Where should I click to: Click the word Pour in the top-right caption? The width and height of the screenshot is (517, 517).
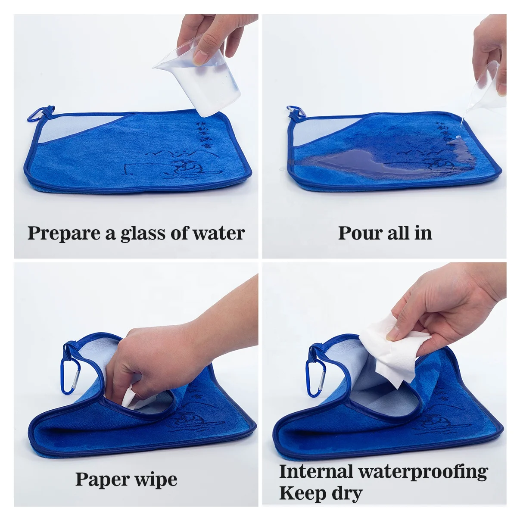point(356,233)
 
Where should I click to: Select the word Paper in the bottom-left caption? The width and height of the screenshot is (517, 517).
point(103,480)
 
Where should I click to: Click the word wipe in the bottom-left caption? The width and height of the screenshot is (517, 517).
point(156,480)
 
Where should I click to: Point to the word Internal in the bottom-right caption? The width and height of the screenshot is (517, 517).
point(316,471)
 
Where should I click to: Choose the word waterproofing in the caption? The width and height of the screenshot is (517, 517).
point(423,472)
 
